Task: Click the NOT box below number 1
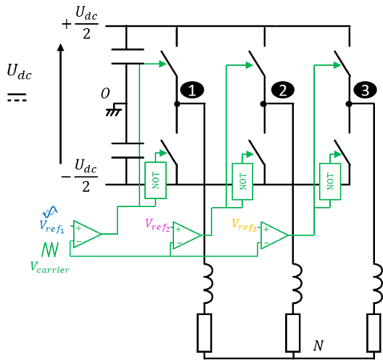click(155, 180)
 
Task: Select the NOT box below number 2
click(243, 181)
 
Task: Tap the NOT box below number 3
click(330, 181)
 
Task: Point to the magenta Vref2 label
click(158, 224)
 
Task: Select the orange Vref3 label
click(244, 224)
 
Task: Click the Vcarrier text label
click(50, 268)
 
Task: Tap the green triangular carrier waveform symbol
click(51, 249)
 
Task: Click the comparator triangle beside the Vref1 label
click(87, 233)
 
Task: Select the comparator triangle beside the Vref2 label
click(187, 235)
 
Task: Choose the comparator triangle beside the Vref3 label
click(274, 235)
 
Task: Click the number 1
click(191, 91)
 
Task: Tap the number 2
click(282, 91)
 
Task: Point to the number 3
click(365, 91)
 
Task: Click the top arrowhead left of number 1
click(163, 64)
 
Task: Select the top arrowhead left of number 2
click(249, 65)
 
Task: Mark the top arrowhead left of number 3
click(337, 65)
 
